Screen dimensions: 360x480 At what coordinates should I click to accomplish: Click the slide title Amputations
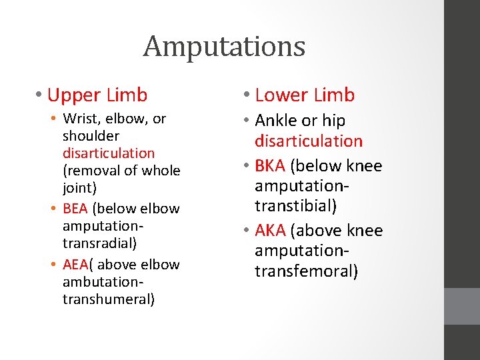224,47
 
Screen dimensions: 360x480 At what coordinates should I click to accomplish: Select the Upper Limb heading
97,95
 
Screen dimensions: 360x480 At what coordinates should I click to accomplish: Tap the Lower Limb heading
305,95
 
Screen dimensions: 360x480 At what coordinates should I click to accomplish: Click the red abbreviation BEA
75,209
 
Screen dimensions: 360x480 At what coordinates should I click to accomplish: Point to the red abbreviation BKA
270,166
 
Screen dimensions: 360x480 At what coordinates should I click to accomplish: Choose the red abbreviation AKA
270,231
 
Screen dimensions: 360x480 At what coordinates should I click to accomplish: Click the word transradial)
99,243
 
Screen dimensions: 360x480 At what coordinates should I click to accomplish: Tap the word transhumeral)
109,299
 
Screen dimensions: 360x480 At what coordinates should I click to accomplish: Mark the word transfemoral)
306,271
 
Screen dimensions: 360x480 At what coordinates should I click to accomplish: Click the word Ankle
275,121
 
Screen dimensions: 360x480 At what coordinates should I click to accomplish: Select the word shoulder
91,136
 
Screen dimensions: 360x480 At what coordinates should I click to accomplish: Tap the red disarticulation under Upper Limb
109,153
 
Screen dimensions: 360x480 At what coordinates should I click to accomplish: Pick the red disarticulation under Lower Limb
309,141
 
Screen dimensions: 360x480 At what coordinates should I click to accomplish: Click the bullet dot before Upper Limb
41,96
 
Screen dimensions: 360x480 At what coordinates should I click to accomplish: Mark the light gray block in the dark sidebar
461,306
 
